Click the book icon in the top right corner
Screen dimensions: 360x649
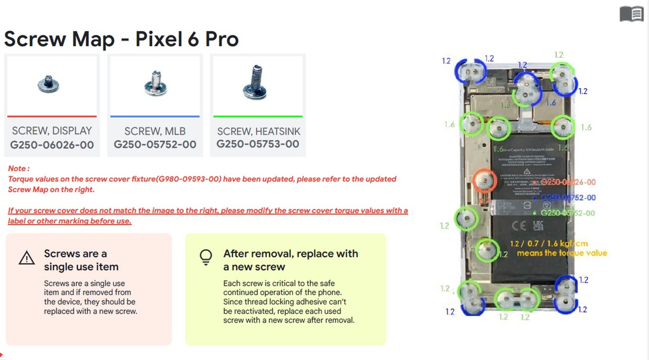[x=631, y=13]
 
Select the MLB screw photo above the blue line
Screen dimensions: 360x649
[x=155, y=83]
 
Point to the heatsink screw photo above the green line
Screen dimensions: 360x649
[x=255, y=82]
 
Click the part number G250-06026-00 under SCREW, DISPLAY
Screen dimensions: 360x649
[x=52, y=145]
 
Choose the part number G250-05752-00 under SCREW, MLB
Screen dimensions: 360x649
[x=155, y=145]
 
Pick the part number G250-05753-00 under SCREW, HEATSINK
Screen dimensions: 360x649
[x=258, y=144]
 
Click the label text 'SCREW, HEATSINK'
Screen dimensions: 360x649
[x=259, y=131]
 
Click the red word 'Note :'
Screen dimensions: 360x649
[x=19, y=169]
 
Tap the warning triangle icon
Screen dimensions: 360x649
[x=27, y=258]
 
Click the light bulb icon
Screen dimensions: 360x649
[x=205, y=257]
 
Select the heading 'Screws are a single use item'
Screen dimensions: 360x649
[x=80, y=260]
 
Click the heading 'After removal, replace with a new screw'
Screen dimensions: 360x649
[x=290, y=260]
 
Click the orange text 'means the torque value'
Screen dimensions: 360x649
[x=562, y=253]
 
